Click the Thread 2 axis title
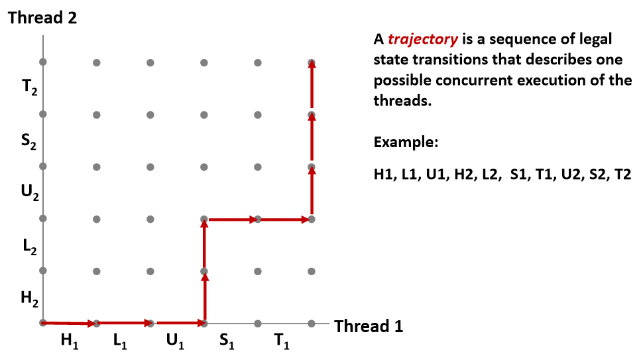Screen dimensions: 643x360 (42, 17)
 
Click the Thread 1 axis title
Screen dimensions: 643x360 (369, 326)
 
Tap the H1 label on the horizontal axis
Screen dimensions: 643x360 (70, 341)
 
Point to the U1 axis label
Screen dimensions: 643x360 (175, 341)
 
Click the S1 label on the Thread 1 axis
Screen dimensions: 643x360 (228, 341)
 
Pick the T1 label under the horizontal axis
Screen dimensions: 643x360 (282, 341)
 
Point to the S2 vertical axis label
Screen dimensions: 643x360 (29, 141)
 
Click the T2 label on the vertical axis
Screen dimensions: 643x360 (29, 88)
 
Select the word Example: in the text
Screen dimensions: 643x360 (405, 142)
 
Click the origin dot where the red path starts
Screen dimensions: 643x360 (43, 323)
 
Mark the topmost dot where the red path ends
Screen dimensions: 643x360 (312, 63)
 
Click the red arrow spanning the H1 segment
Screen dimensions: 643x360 (70, 323)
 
